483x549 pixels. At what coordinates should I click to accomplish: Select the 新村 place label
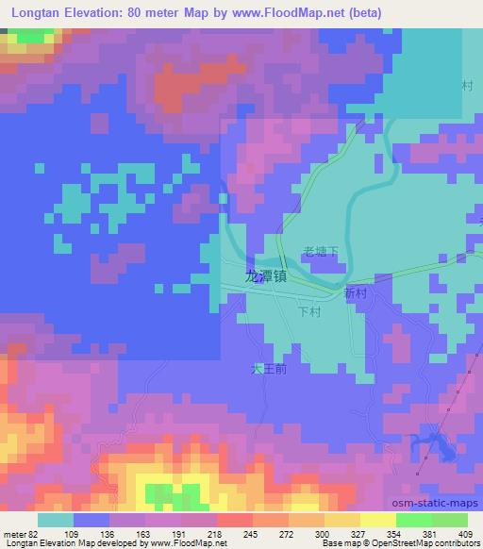tap(356, 294)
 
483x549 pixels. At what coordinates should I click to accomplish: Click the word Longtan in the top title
tap(30, 12)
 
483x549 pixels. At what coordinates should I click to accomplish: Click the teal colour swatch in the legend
tap(55, 520)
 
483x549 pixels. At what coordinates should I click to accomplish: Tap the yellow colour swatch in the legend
tap(378, 520)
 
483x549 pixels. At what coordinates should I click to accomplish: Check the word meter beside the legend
tap(14, 535)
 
